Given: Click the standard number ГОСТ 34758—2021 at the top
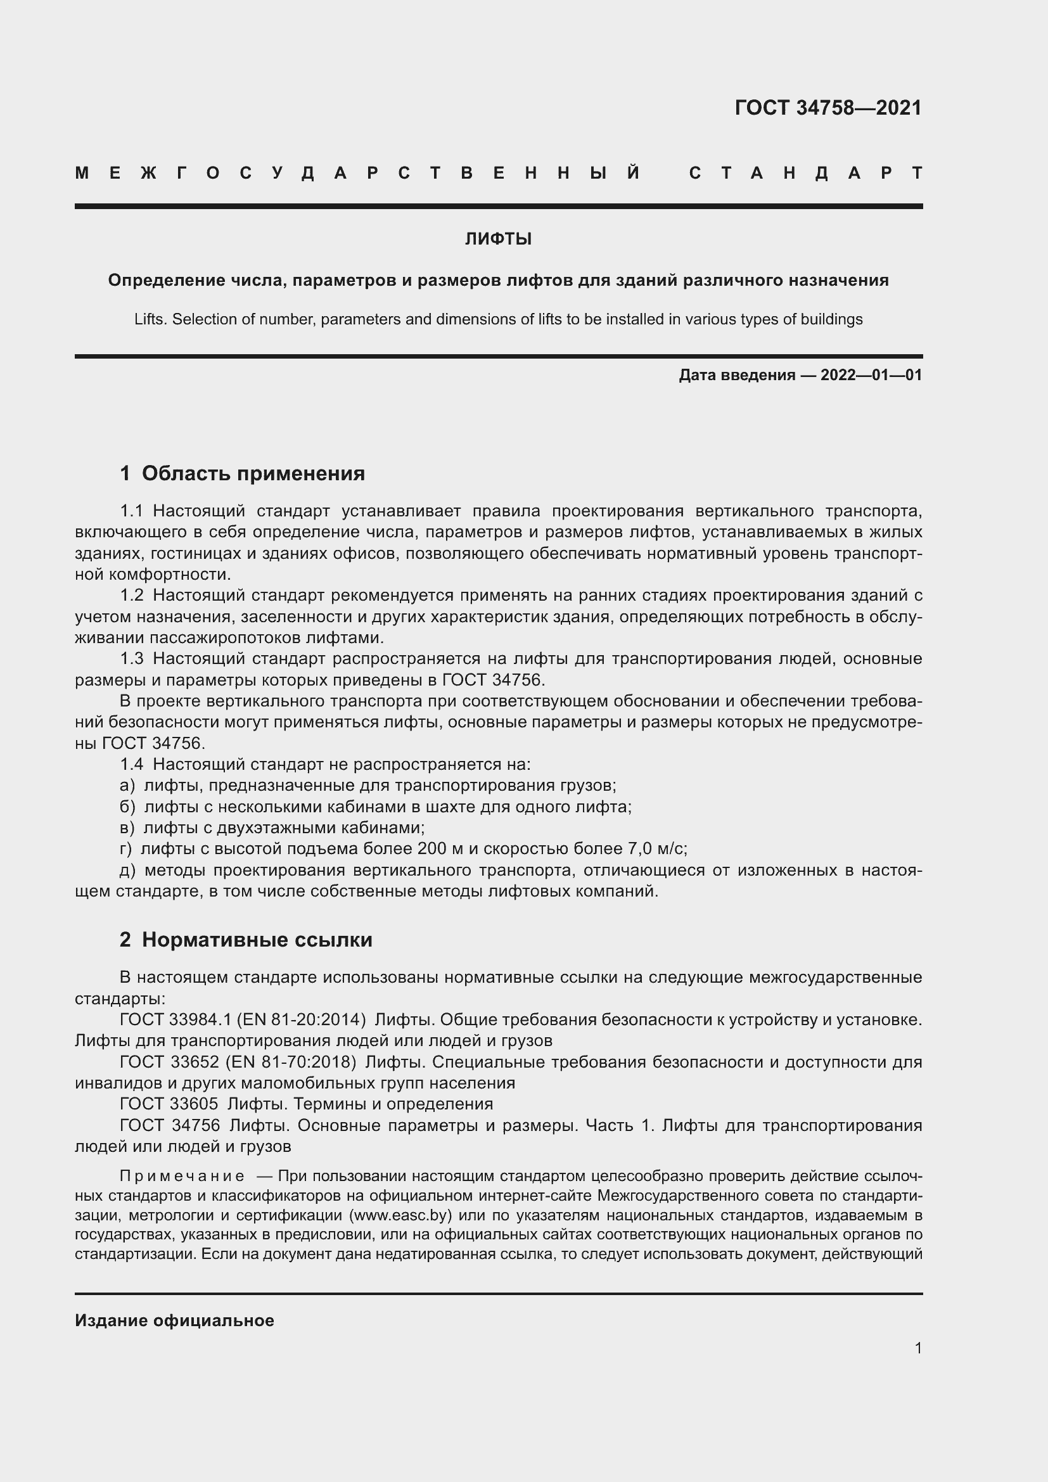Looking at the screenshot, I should pyautogui.click(x=828, y=108).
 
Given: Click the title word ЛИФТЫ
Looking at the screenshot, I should pyautogui.click(x=498, y=240).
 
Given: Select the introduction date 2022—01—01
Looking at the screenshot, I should pyautogui.click(x=871, y=375).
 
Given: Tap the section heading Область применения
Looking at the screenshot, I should pyautogui.click(x=253, y=474).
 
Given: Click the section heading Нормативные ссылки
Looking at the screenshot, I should pyautogui.click(x=257, y=940).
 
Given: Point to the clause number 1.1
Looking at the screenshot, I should pyautogui.click(x=131, y=511).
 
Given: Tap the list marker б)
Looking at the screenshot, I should pyautogui.click(x=127, y=807).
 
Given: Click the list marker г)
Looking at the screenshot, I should pyautogui.click(x=126, y=849).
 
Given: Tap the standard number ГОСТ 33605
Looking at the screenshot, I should pyautogui.click(x=169, y=1104).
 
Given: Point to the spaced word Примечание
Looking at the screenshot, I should pyautogui.click(x=182, y=1176).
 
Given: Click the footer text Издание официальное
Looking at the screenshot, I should pyautogui.click(x=174, y=1320).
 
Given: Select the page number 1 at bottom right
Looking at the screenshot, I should pyautogui.click(x=918, y=1348).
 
